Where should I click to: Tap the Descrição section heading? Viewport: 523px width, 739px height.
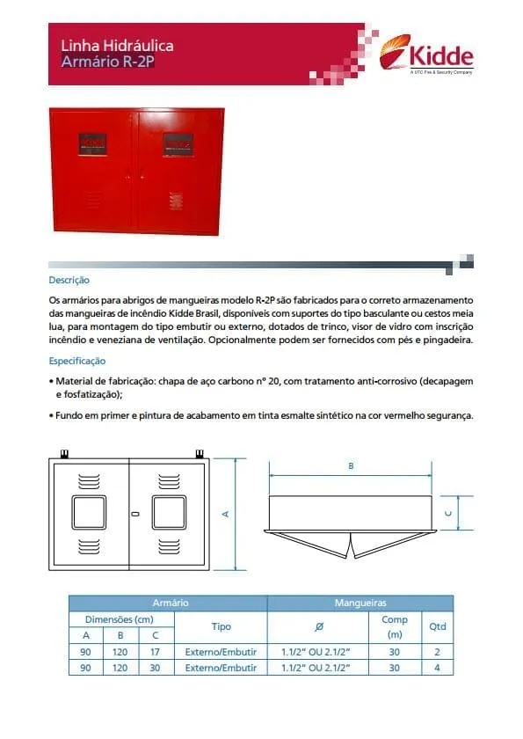tap(69, 281)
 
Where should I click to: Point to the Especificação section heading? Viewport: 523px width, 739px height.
tap(77, 361)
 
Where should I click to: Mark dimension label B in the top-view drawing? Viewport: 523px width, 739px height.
tap(351, 466)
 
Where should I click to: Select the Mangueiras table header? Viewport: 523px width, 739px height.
tap(360, 604)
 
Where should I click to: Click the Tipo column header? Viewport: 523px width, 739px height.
tap(221, 627)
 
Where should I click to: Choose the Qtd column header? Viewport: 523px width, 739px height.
tap(437, 627)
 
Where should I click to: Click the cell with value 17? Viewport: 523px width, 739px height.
tap(156, 652)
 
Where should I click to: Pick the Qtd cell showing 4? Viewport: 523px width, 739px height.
tap(437, 668)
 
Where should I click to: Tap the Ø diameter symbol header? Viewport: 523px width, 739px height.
tap(317, 627)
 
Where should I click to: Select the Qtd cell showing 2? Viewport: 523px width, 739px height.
tap(437, 652)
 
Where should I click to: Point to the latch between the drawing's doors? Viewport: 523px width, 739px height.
tap(134, 514)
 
